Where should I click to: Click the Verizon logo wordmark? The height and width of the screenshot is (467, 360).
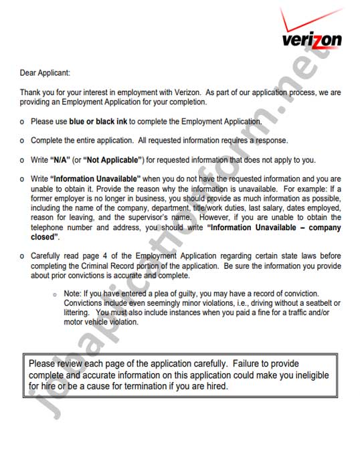pyautogui.click(x=311, y=40)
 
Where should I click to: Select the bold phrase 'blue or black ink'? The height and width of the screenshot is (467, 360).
pyautogui.click(x=98, y=122)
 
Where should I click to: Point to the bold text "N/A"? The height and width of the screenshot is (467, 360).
pyautogui.click(x=58, y=160)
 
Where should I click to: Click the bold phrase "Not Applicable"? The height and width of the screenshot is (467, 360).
pyautogui.click(x=112, y=160)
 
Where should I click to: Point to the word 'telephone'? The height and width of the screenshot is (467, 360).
pyautogui.click(x=48, y=227)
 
